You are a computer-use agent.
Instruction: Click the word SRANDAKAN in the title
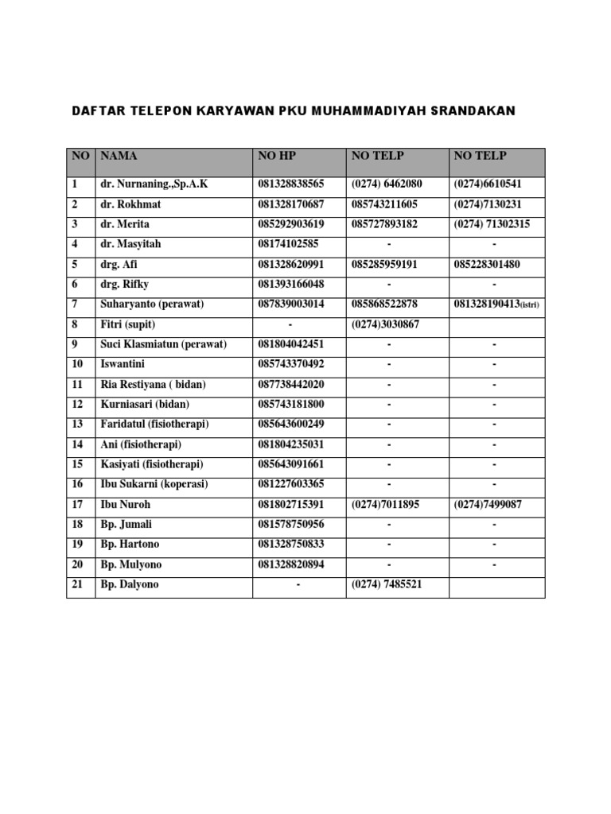[473, 110]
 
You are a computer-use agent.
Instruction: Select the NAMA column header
[119, 156]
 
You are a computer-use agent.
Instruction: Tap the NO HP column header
[277, 156]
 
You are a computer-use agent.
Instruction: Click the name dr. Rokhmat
[131, 204]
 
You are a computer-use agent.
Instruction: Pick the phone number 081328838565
[291, 184]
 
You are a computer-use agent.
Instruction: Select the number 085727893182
[385, 224]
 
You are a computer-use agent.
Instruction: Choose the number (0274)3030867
[385, 324]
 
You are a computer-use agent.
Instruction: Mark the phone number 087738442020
[291, 384]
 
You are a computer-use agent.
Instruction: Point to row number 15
[77, 464]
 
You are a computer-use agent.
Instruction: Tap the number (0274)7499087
[488, 505]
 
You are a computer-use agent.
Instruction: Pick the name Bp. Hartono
[130, 545]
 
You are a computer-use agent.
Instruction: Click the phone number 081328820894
[291, 564]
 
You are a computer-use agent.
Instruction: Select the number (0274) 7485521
[387, 584]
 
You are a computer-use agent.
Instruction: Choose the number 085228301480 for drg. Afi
[487, 264]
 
